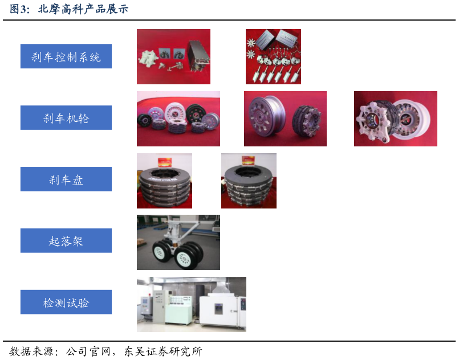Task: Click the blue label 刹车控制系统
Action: [66, 56]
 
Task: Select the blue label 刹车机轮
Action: [66, 118]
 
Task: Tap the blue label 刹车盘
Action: [66, 179]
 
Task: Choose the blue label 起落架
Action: [66, 241]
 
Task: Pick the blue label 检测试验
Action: [66, 302]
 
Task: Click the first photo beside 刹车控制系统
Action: [173, 56]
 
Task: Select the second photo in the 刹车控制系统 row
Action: [273, 56]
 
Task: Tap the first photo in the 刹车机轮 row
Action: [178, 118]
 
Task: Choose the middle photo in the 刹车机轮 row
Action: [285, 118]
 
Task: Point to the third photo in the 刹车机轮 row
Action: [396, 118]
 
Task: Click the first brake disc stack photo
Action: [164, 181]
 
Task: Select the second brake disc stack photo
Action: [249, 181]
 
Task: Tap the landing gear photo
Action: [178, 242]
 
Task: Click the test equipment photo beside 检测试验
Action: [192, 304]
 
